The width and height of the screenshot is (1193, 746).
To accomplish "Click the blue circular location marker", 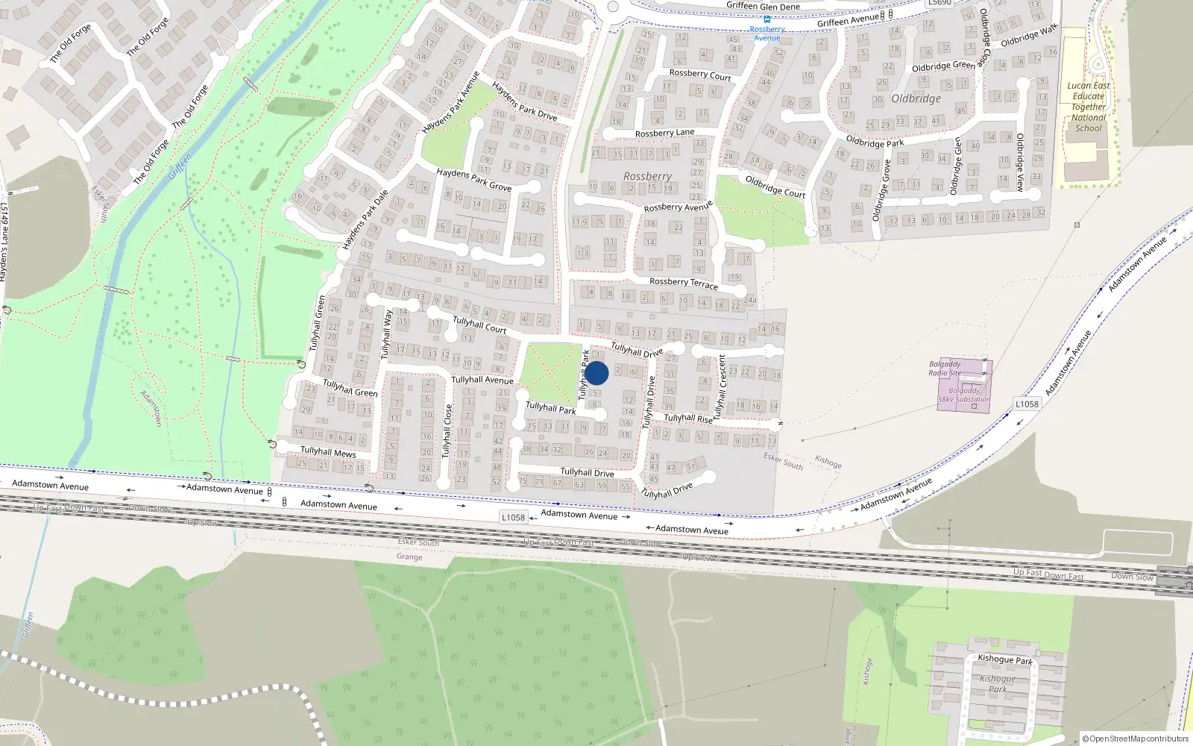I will pos(596,373).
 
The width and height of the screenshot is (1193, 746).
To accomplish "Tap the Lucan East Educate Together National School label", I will pos(1088,107).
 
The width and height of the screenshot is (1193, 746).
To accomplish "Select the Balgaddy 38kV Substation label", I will pos(963,395).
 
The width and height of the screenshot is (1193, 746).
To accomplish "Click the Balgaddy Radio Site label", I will pos(945,369).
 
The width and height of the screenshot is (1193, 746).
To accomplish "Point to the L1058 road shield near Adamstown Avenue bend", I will pos(1027,404).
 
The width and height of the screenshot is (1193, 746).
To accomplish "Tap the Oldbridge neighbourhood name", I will pos(916,98).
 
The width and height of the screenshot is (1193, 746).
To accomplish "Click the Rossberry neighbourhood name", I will pos(647,176).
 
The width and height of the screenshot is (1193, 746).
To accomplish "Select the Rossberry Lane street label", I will pos(664,133).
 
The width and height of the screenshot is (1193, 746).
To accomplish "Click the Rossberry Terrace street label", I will pos(683,283).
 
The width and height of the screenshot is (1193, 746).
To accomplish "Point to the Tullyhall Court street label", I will pos(479,325).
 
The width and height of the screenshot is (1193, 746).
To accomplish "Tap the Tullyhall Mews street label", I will pos(328,452).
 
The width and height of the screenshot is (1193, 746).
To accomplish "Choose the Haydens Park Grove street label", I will pos(474,179).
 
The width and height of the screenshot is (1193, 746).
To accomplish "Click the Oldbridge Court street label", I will pos(775,186).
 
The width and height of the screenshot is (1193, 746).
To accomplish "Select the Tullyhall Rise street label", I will pos(687,419).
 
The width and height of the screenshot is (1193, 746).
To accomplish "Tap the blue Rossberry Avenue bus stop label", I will pos(767,34).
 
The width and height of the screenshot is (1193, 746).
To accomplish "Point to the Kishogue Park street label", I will pos(1005,659).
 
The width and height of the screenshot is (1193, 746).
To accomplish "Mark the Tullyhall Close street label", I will pos(447,430).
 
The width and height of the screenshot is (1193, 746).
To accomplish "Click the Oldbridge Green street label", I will pos(942,66).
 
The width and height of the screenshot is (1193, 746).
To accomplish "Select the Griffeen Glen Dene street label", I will pos(763,6).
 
